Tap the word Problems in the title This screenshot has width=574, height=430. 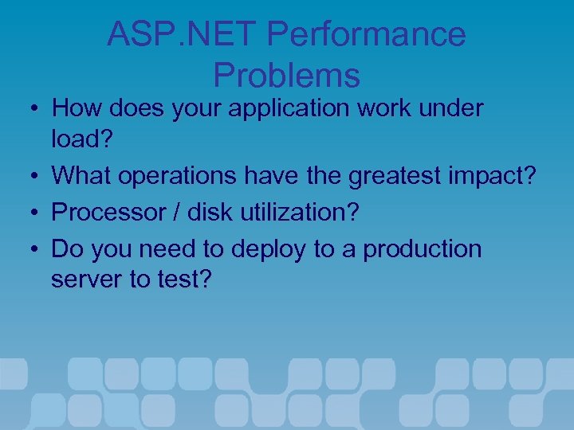tap(287, 76)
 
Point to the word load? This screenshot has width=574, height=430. tap(83, 139)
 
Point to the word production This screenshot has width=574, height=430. tap(423, 249)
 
